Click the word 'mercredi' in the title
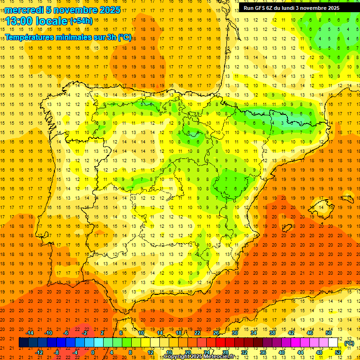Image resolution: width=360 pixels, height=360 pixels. [x=25, y=10]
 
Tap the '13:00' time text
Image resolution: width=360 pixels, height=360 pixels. [x=20, y=21]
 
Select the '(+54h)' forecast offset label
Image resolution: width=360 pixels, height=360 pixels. [x=81, y=21]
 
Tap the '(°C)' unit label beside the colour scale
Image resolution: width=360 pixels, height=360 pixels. [x=349, y=344]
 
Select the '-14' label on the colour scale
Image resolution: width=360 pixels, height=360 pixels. [x=30, y=333]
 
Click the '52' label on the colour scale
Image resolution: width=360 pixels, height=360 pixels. [x=338, y=352]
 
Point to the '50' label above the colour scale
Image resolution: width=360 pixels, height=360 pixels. [x=329, y=333]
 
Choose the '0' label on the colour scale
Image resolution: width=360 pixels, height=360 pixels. [x=93, y=352]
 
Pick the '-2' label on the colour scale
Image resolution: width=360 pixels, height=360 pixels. [x=85, y=333]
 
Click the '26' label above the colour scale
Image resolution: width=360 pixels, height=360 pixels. [x=216, y=333]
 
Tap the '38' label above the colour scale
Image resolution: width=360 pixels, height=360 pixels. [x=272, y=333]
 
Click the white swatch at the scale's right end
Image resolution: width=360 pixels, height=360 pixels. [x=333, y=343]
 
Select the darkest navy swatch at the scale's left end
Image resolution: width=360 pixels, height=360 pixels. [x=23, y=343]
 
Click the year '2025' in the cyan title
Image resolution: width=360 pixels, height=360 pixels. [x=110, y=10]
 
